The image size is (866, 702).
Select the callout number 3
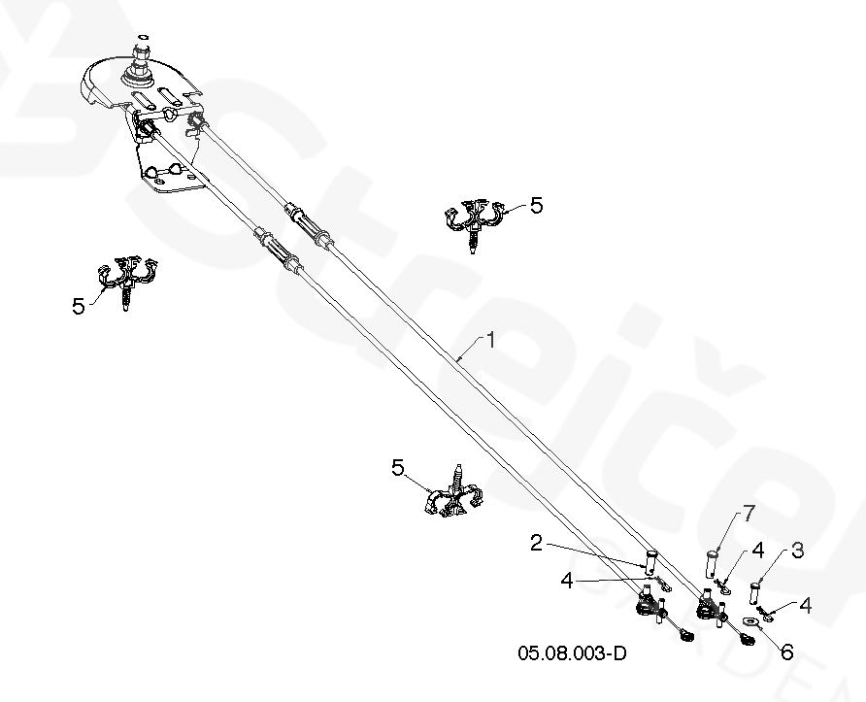797,552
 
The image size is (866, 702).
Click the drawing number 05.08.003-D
572,653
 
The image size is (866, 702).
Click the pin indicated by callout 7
712,563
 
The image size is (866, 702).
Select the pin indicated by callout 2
650,561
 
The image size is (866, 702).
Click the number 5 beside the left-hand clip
78,306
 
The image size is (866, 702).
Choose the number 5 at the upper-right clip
536,206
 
